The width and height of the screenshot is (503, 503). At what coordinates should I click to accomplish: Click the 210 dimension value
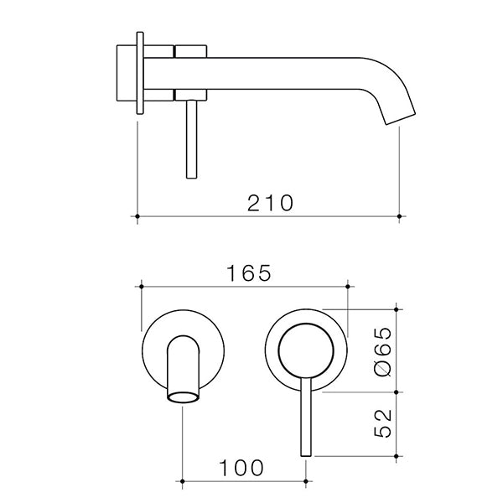(x=270, y=203)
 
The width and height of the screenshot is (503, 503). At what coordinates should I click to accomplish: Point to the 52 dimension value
(x=382, y=424)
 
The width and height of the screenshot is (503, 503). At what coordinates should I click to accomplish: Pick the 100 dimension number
(x=244, y=467)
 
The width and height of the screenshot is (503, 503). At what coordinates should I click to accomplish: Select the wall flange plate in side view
(x=139, y=74)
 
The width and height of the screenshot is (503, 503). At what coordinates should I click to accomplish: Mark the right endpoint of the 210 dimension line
(x=398, y=217)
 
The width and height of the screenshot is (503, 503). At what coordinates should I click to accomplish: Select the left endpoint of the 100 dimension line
(x=183, y=481)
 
